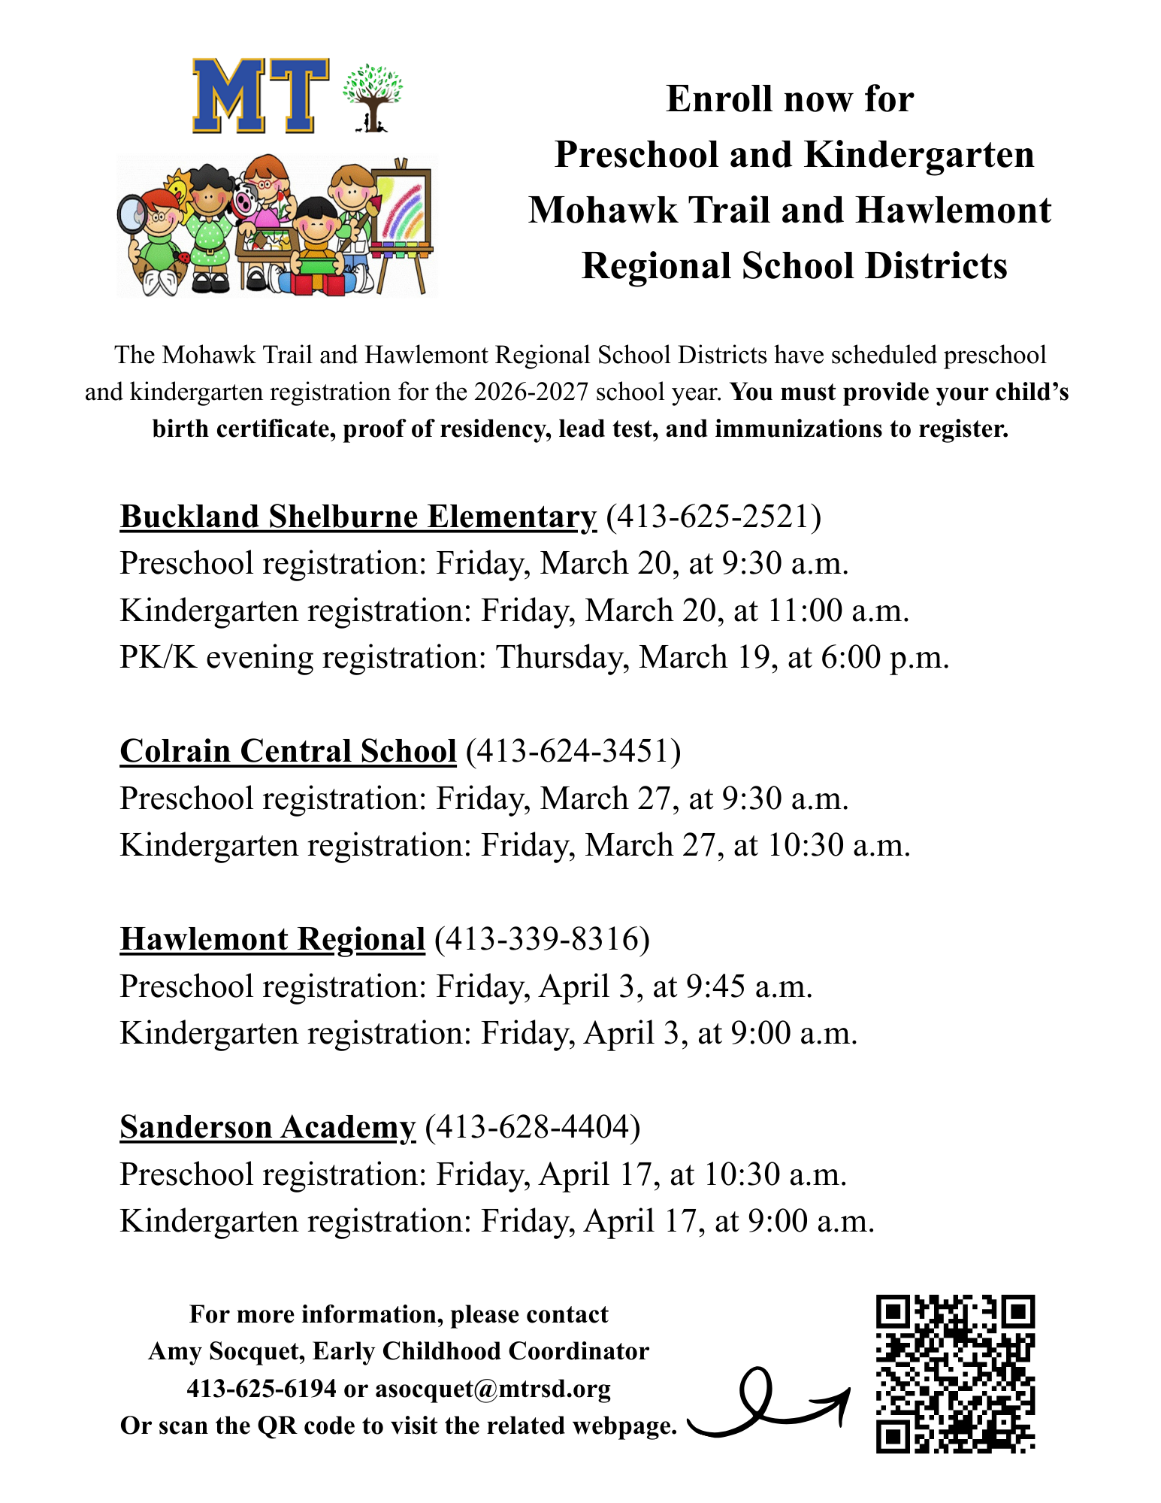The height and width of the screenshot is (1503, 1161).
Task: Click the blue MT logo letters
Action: [260, 95]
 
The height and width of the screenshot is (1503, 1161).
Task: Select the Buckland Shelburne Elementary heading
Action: [358, 517]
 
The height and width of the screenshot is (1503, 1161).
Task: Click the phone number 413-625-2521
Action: [713, 517]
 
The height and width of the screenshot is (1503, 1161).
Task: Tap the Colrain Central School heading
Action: [288, 751]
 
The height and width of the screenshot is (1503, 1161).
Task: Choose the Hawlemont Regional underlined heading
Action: [272, 939]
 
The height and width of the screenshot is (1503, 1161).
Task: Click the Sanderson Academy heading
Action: [267, 1127]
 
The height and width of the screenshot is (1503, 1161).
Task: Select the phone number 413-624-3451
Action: [573, 751]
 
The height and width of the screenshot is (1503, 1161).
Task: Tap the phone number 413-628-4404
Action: [533, 1127]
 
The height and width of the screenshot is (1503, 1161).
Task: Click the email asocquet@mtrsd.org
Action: [493, 1389]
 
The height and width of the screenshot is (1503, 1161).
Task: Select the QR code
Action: [955, 1373]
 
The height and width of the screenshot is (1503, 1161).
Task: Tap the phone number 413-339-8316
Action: [542, 939]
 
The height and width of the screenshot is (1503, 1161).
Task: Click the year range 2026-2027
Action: [531, 392]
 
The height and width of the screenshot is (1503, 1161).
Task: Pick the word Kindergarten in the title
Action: [919, 155]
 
